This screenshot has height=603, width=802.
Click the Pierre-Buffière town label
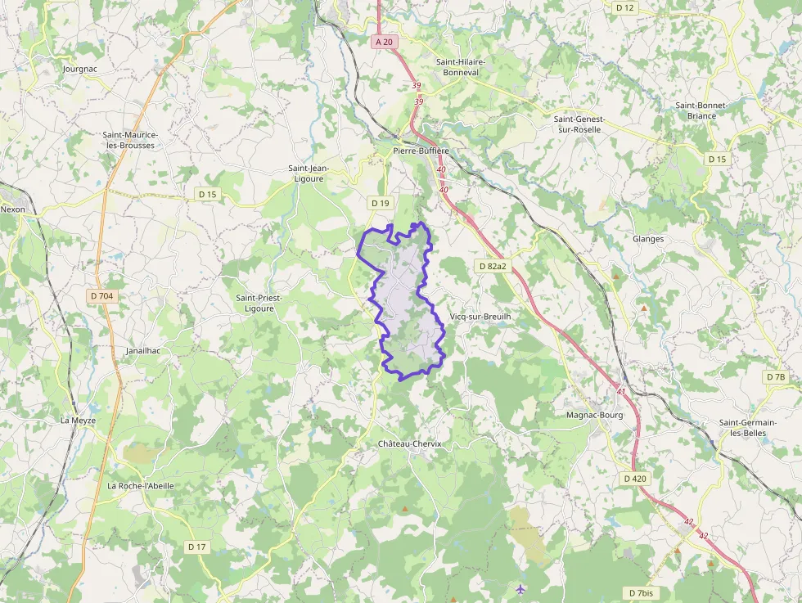[x=421, y=151]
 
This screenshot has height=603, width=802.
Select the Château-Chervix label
[x=409, y=443]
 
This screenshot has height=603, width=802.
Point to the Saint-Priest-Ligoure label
[x=259, y=303]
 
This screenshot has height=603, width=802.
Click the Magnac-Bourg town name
[x=594, y=415]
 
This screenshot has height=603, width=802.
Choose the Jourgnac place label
[x=80, y=69]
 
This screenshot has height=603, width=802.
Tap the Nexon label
[x=13, y=209]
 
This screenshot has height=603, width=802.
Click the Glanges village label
[x=648, y=239]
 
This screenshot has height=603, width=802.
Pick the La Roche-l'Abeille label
[x=141, y=485]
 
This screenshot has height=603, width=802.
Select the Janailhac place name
[x=143, y=350]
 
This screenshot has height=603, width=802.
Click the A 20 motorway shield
[x=383, y=41]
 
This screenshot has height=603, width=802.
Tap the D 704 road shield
[x=101, y=295]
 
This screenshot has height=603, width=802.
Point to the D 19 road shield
[x=381, y=203]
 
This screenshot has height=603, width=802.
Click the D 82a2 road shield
[x=492, y=266]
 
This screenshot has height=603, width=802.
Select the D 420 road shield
[x=634, y=478]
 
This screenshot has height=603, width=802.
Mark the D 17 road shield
[x=196, y=547]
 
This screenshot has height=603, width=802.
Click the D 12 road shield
[x=624, y=7]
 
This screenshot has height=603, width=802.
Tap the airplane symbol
[x=520, y=588]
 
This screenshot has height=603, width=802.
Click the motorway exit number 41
[x=621, y=392]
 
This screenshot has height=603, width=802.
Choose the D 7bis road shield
[x=642, y=592]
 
